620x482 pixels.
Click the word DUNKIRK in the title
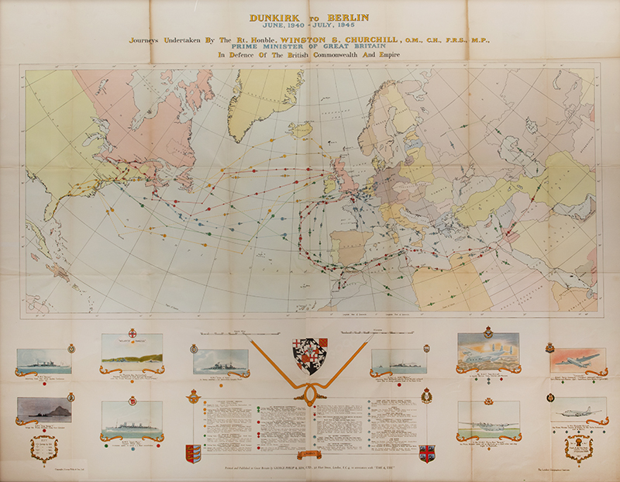(x=272, y=15)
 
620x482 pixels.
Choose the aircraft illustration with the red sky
(x=574, y=359)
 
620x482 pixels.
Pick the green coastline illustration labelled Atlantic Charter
(x=132, y=353)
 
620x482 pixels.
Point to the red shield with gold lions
(x=191, y=452)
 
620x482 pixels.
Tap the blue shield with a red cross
(x=425, y=452)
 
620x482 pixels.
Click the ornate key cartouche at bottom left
(x=43, y=449)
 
